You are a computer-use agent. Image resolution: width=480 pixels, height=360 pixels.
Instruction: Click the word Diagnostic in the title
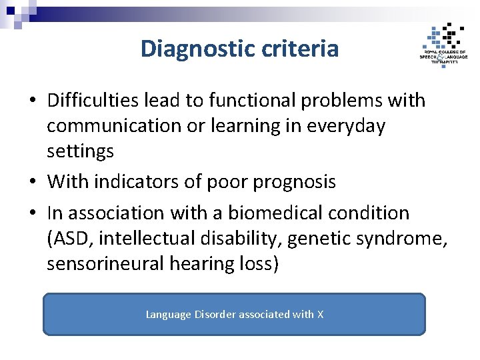pos(196,49)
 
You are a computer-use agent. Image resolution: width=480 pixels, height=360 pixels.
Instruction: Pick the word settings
pos(80,151)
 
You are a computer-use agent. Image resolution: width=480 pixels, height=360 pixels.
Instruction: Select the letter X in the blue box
pos(320,314)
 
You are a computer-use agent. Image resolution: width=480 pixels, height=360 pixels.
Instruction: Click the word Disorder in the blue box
pos(215,314)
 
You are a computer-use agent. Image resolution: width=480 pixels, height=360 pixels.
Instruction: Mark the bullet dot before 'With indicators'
pos(32,182)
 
